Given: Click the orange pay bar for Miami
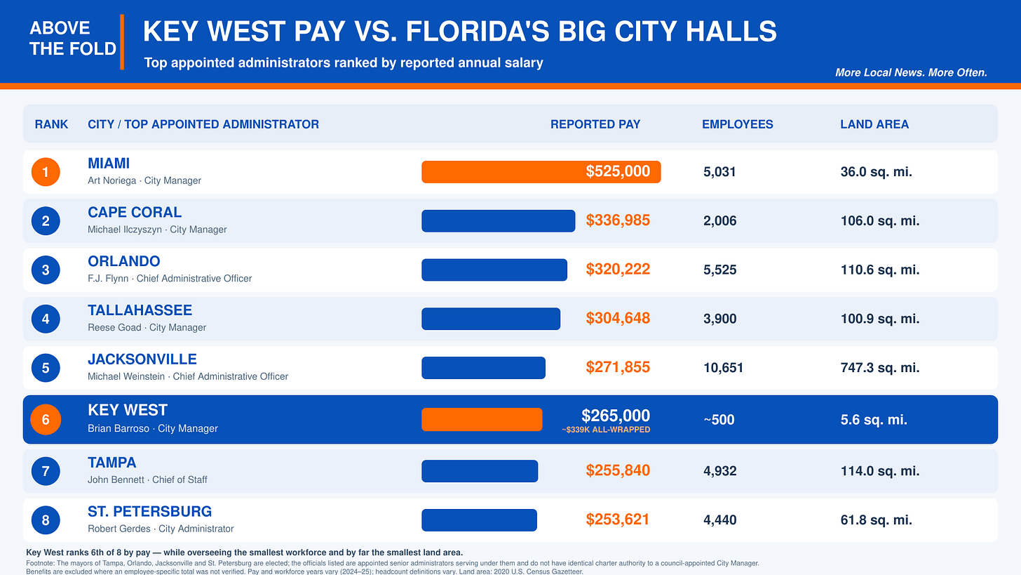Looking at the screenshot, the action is point(541,172).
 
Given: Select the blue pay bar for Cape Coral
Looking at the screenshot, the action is point(498,221).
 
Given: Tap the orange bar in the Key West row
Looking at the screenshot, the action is point(482,419).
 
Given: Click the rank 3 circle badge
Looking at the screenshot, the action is point(46,270).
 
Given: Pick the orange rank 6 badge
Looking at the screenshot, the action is point(46,419).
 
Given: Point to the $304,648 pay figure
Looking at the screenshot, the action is point(618,318).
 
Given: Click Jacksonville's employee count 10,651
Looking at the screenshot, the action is point(724,368).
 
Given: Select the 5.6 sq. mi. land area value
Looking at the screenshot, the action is point(874,420).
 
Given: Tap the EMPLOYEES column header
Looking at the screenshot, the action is point(738,124).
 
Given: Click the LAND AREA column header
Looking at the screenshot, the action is point(874,124).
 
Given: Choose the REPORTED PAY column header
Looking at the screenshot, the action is point(595,124).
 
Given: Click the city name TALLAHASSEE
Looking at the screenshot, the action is point(140,310).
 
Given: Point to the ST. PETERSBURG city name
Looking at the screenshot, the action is point(149,512).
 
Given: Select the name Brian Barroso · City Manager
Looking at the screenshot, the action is point(153,428).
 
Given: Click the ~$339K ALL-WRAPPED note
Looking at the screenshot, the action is point(606,430).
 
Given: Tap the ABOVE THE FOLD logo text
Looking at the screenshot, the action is point(73,39).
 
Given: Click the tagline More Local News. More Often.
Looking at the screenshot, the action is point(911,72).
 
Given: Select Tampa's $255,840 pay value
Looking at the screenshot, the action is point(618,470).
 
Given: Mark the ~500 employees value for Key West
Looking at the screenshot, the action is point(719,420).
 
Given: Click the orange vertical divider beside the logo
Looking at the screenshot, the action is point(122,42).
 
